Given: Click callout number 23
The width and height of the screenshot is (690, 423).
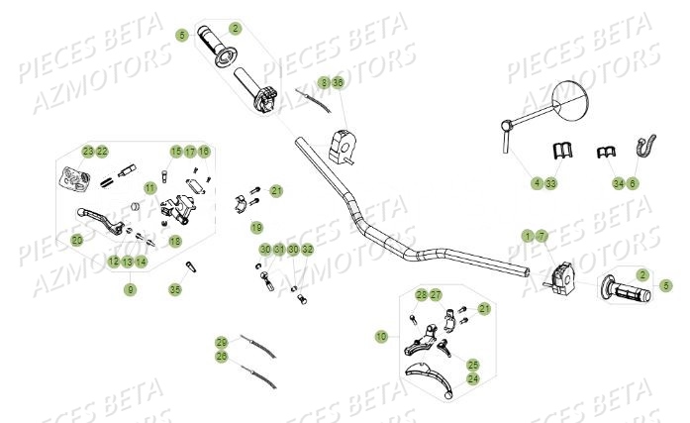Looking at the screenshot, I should (88, 152).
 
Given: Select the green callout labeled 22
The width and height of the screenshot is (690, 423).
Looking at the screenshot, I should (102, 152).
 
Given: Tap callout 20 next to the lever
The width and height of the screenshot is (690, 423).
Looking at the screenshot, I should (77, 240).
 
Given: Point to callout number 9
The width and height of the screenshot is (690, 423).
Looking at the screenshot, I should (130, 289).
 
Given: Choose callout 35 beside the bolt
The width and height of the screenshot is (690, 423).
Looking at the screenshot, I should (175, 289).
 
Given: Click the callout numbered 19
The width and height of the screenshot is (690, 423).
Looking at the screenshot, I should (256, 227).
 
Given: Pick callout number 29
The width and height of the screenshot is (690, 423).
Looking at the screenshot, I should (222, 342).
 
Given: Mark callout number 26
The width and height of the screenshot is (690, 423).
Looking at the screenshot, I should (222, 356).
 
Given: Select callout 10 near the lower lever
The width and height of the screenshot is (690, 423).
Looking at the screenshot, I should (381, 337).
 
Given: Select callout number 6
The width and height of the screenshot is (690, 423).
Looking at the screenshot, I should (634, 182).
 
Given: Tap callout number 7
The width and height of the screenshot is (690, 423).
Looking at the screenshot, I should (542, 236).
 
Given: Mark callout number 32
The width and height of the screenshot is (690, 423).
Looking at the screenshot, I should (307, 249).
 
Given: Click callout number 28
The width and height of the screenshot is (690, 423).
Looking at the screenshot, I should (422, 295).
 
